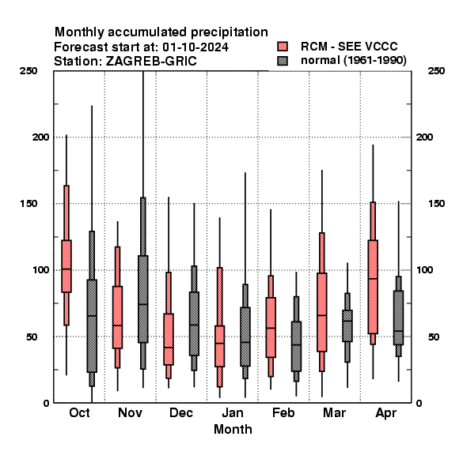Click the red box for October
tap(66, 266)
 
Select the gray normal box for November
tap(143, 299)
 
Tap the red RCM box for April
tap(373, 287)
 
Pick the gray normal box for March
tap(347, 325)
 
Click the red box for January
tap(220, 346)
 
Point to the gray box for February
tap(297, 346)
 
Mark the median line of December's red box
tap(169, 348)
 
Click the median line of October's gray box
tap(92, 316)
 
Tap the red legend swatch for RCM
tap(283, 47)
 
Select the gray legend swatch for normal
tap(283, 61)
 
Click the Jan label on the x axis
tap(233, 412)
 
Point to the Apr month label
tap(385, 413)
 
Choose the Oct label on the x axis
tap(79, 412)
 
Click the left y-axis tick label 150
tap(29, 204)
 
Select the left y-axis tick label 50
tap(32, 337)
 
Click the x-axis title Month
tap(233, 429)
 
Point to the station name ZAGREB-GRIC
tap(151, 62)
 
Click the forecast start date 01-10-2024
tap(195, 47)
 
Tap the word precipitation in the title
tap(227, 32)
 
